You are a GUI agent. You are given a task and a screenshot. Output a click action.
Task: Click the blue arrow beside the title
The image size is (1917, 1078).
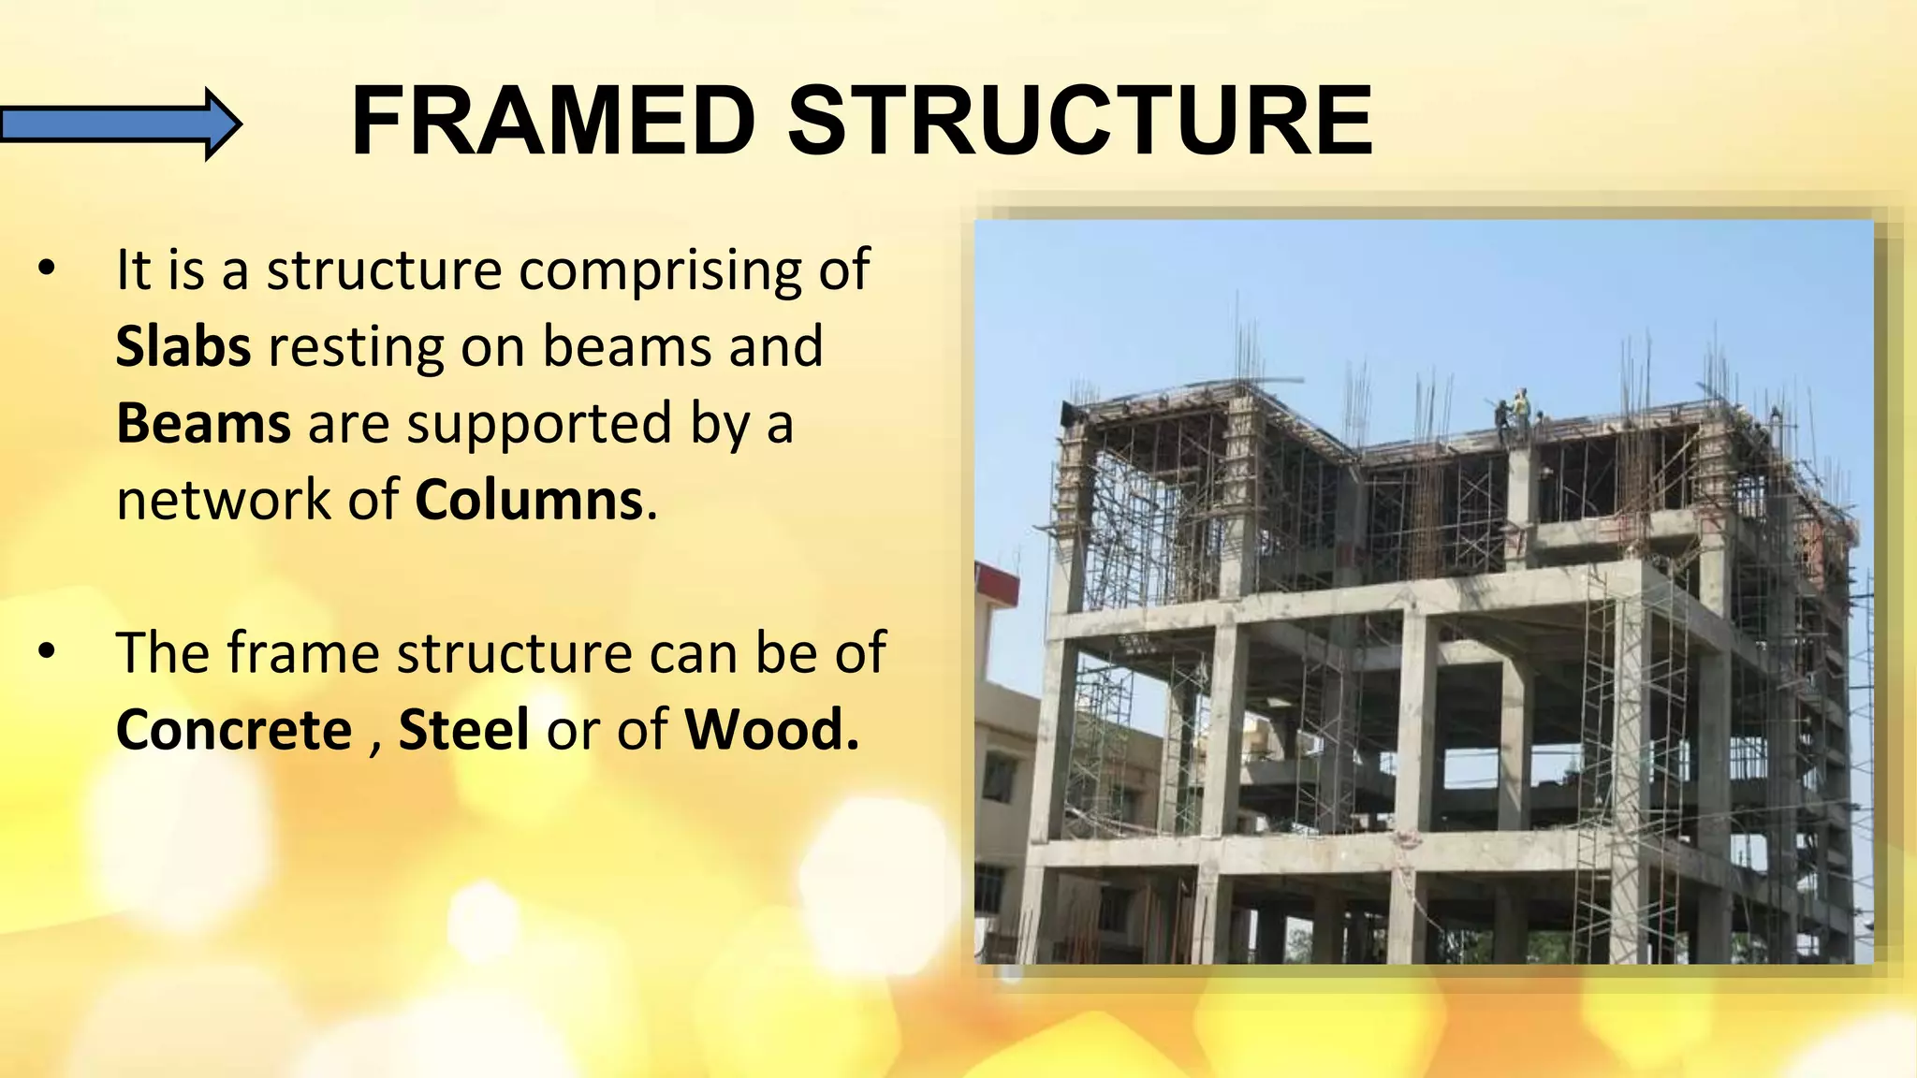[x=120, y=124]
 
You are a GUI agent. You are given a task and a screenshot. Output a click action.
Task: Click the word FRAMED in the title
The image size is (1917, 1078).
[x=552, y=122]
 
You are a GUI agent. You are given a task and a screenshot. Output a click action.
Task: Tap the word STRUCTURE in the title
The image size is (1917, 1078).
[x=1080, y=122]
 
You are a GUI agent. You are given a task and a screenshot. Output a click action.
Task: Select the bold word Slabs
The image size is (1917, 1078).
[x=183, y=346]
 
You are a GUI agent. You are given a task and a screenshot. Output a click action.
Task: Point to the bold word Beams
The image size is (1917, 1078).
[x=203, y=423]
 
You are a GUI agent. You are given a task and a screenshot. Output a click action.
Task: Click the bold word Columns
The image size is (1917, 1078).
[x=530, y=500]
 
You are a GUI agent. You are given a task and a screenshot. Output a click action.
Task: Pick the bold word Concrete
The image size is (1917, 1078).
[x=234, y=730]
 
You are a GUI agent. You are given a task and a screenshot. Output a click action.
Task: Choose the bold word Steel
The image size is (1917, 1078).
[x=463, y=730]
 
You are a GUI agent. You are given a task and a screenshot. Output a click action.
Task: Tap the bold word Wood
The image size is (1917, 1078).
[x=771, y=730]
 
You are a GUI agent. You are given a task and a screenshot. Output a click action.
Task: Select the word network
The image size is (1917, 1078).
[x=224, y=500]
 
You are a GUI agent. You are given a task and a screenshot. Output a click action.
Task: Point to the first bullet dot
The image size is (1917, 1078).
[x=47, y=269]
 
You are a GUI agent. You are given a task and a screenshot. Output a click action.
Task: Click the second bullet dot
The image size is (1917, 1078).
[x=47, y=651]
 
